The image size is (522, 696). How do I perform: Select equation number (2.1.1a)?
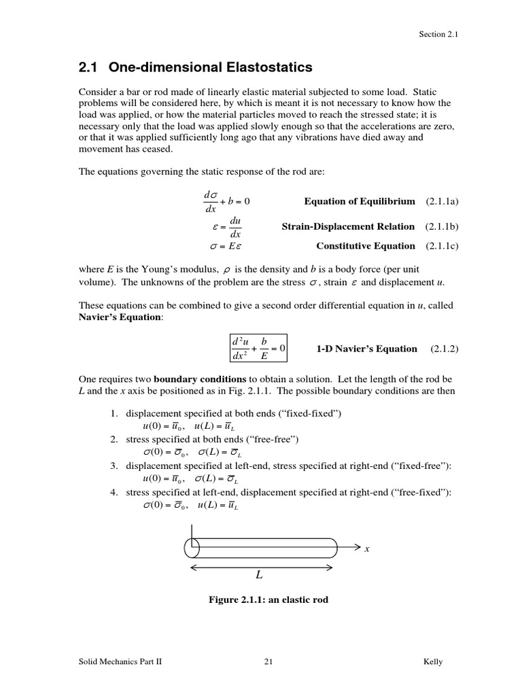[x=442, y=202]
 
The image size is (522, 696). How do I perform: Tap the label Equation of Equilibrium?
[x=359, y=202]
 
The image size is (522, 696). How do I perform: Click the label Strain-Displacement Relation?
[x=348, y=226]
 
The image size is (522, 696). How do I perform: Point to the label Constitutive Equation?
[x=366, y=246]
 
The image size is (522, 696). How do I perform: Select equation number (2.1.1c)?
[x=442, y=246]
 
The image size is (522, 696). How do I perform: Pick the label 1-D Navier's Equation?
[x=367, y=349]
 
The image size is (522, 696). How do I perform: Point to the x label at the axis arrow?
[x=367, y=549]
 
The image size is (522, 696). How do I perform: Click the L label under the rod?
[x=259, y=575]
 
